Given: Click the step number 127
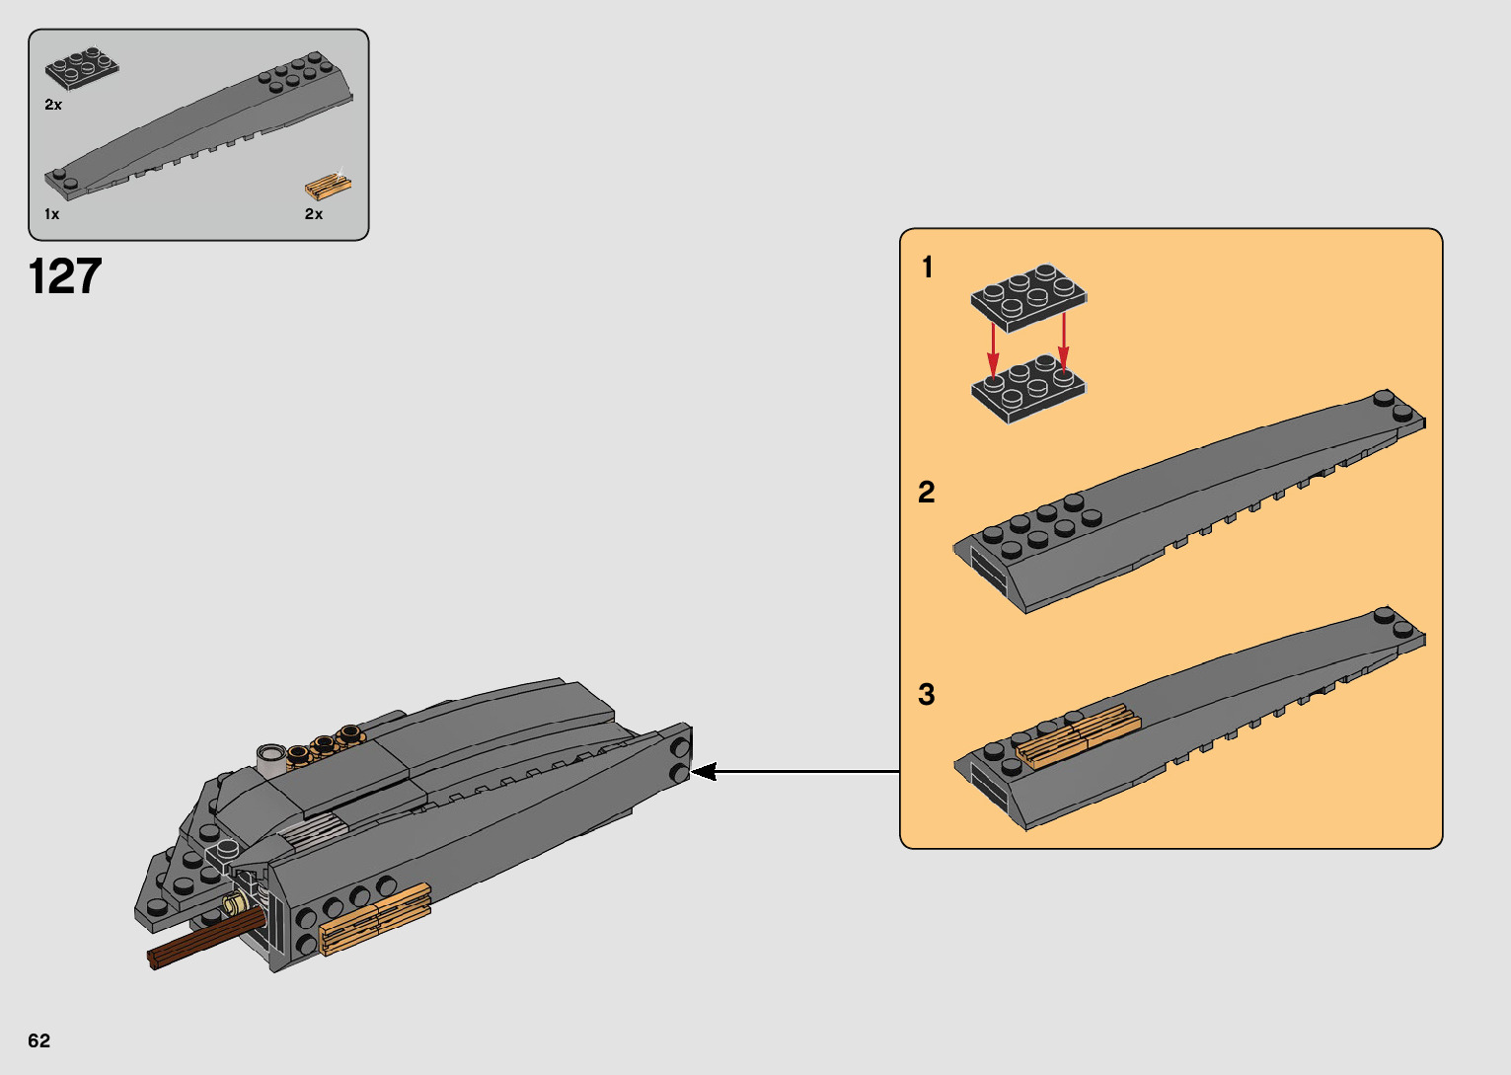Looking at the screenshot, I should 65,276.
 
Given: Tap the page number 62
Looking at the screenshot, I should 38,1040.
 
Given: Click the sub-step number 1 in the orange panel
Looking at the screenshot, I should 927,267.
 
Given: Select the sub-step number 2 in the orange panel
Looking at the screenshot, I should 926,492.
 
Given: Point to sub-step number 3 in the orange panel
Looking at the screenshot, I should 926,694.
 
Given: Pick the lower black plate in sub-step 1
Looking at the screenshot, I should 1028,388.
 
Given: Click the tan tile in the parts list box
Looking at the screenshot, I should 328,187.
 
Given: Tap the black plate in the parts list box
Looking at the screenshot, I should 81,68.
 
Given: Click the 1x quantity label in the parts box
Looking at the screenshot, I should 51,214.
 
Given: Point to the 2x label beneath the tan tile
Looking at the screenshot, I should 313,214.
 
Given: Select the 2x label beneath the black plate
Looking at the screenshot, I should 52,105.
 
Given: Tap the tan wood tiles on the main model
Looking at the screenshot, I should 375,918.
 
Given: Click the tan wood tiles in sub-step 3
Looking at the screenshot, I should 1078,735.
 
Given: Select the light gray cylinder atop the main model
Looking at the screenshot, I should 269,758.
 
